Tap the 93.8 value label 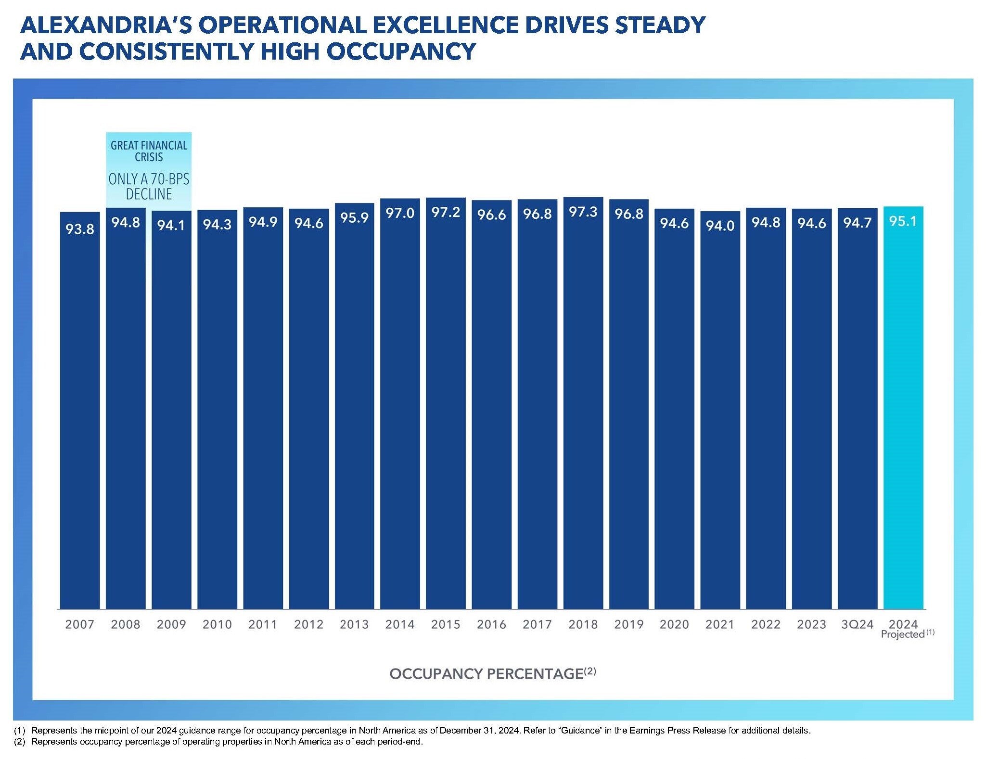coord(79,229)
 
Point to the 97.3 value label coord(583,212)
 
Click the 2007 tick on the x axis coord(79,624)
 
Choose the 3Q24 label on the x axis coord(857,624)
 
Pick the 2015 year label coord(446,624)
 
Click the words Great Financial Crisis coord(149,151)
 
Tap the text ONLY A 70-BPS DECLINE coord(149,186)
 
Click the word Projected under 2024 coord(903,635)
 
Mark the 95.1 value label coord(903,221)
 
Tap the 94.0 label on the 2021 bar coord(720,226)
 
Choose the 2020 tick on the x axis coord(674,624)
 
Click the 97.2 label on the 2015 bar coord(446,213)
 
